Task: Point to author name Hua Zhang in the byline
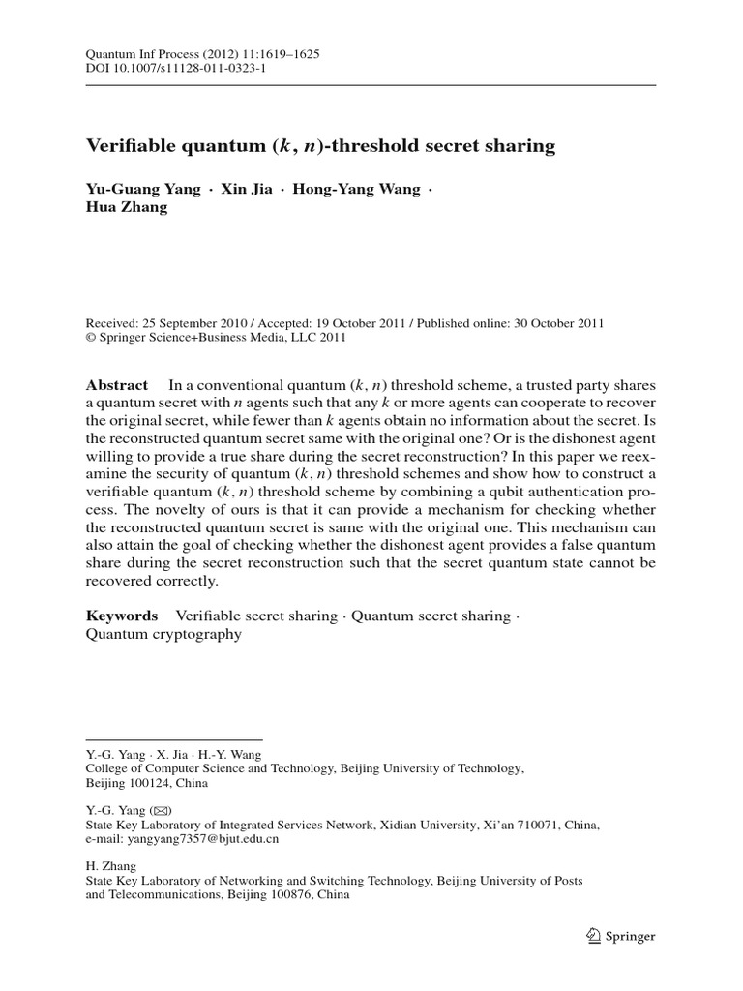[x=127, y=207]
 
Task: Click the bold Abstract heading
[x=117, y=384]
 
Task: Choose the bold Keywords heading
[x=122, y=616]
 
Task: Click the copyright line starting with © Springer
[x=216, y=338]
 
